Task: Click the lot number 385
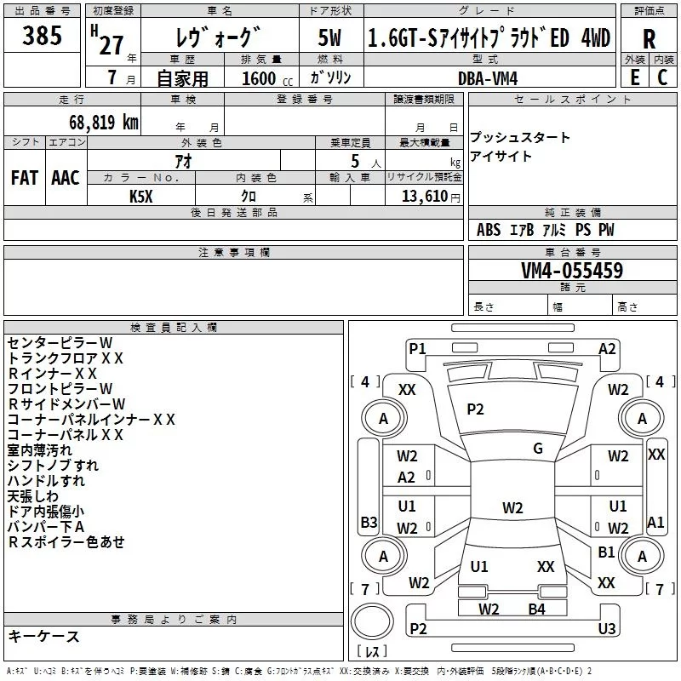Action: (43, 36)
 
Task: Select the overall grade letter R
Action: (649, 38)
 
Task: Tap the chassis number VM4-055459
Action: (572, 271)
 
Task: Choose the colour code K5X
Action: (141, 196)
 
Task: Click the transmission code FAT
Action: (25, 177)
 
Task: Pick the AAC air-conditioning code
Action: (66, 177)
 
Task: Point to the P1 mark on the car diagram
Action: (417, 348)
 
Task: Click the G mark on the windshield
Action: (538, 449)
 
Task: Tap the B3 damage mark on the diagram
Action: (369, 522)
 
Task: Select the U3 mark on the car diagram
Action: (607, 628)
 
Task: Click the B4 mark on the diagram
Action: (536, 609)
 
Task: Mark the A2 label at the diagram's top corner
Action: (607, 348)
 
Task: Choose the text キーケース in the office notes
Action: (44, 637)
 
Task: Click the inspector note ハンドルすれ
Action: (46, 481)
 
